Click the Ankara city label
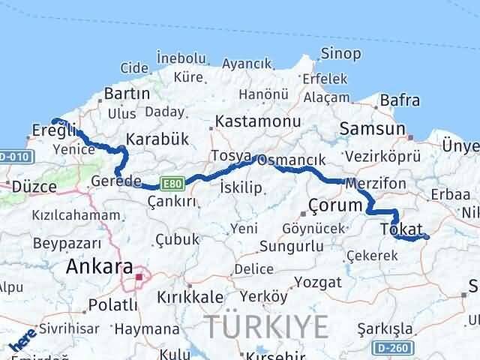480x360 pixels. click(100, 266)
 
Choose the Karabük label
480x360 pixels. click(157, 139)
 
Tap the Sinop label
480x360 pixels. click(340, 53)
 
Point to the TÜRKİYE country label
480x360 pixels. click(267, 327)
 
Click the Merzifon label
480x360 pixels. click(376, 183)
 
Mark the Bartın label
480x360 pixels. click(127, 94)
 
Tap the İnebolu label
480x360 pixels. click(181, 58)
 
